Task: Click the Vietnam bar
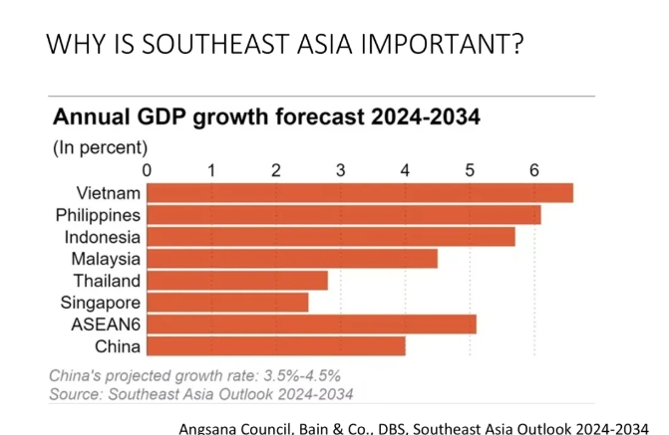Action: (x=360, y=193)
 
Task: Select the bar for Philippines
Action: (x=344, y=215)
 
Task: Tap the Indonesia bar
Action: (x=331, y=237)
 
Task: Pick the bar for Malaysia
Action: (x=292, y=259)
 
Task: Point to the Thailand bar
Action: (x=237, y=281)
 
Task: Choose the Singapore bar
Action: (x=227, y=303)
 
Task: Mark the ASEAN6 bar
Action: (x=311, y=325)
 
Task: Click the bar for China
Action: (x=276, y=346)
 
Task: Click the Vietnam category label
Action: (x=108, y=193)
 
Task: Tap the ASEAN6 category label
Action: (x=106, y=325)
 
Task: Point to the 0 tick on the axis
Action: (x=148, y=169)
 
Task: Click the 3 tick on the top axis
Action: (x=341, y=169)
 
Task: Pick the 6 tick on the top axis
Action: (x=534, y=169)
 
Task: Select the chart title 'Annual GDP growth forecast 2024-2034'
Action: (x=266, y=118)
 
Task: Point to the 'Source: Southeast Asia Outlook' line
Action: (x=200, y=392)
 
